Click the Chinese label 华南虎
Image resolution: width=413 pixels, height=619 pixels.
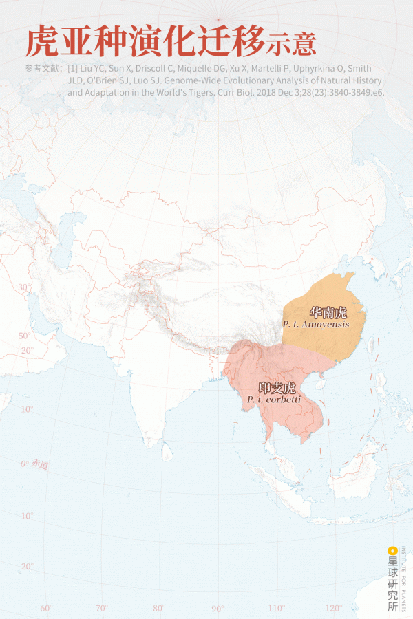[x=328, y=312]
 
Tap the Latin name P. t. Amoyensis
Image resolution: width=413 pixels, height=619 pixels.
[x=315, y=324]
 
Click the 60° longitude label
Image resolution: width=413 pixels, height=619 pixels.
[x=47, y=608]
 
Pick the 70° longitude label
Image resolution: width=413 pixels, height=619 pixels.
[x=102, y=608]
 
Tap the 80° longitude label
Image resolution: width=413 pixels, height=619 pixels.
[x=160, y=608]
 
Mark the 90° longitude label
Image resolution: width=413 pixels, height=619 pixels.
[x=218, y=608]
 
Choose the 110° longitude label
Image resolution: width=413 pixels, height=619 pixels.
[x=276, y=608]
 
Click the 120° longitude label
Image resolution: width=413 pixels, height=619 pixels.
[x=334, y=608]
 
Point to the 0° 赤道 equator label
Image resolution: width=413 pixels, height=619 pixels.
[x=34, y=466]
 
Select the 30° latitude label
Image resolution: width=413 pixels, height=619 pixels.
[x=24, y=287]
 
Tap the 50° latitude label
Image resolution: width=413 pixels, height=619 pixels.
[x=25, y=336]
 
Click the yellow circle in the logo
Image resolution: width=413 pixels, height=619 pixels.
[x=392, y=550]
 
